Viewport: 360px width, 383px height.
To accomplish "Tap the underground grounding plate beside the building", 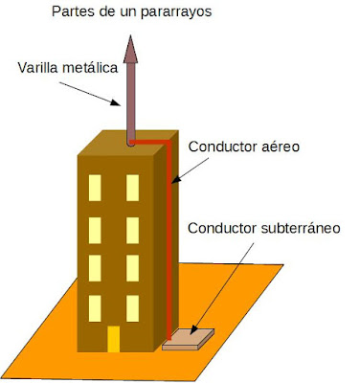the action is pyautogui.click(x=189, y=338).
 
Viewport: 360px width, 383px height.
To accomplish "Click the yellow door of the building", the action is pyautogui.click(x=113, y=339).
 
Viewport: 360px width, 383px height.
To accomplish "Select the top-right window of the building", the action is pyautogui.click(x=132, y=189).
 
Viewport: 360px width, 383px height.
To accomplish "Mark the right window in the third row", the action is pyautogui.click(x=132, y=269).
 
